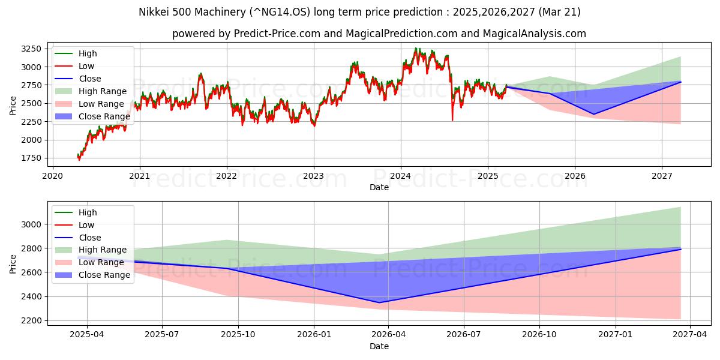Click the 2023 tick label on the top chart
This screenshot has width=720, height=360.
(x=313, y=176)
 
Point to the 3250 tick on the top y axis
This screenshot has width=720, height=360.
(x=30, y=49)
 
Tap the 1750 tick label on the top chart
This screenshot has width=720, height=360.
(x=30, y=158)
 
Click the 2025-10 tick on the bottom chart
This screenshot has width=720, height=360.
(x=238, y=334)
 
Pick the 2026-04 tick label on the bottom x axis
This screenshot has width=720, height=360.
(x=388, y=334)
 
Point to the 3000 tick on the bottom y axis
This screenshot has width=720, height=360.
(x=30, y=224)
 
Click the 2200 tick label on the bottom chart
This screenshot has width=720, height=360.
(x=30, y=321)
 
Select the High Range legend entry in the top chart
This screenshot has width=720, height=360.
(x=102, y=91)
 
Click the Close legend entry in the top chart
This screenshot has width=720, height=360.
(x=89, y=79)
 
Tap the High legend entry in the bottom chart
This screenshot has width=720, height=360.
(x=88, y=212)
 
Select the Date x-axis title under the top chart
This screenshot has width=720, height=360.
(x=379, y=187)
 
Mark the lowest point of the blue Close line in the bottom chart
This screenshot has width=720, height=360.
(x=379, y=302)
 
